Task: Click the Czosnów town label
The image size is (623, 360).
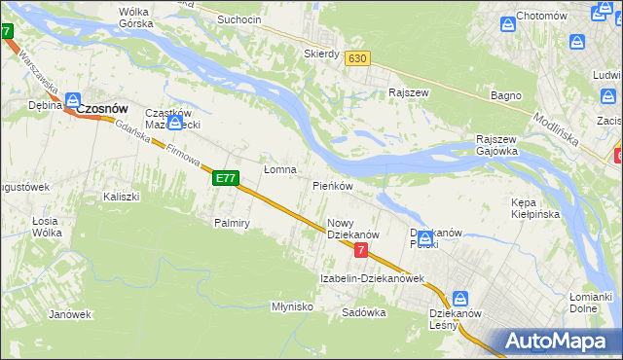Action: click(105, 111)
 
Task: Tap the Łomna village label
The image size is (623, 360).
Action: click(280, 169)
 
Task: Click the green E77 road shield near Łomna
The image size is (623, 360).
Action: click(226, 178)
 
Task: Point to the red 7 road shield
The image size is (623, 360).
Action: click(361, 250)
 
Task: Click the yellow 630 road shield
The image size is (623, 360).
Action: click(357, 58)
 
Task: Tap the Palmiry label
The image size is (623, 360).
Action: click(233, 223)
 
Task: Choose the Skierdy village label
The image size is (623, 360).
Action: click(321, 54)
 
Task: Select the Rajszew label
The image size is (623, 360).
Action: click(409, 93)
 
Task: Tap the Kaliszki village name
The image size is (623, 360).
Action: click(122, 197)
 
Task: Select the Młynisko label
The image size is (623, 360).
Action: click(291, 306)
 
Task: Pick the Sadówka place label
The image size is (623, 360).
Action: click(364, 312)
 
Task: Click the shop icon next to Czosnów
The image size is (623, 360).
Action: click(74, 100)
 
